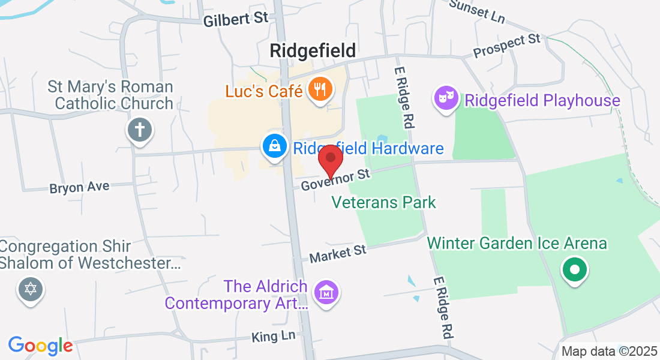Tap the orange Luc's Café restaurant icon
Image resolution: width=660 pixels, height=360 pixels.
(317, 90)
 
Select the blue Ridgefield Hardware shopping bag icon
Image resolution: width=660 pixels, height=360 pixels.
(274, 147)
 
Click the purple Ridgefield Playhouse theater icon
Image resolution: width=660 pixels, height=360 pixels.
(447, 100)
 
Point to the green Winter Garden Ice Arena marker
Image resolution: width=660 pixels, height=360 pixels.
(575, 269)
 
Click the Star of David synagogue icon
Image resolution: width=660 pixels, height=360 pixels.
(30, 290)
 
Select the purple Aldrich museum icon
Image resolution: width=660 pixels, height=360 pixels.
(326, 293)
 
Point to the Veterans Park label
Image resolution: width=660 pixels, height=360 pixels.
(384, 202)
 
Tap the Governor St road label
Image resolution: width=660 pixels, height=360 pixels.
(336, 179)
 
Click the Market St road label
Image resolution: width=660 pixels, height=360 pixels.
(337, 253)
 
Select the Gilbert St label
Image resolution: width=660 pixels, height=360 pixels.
(235, 19)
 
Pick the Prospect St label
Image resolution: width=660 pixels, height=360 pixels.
(507, 46)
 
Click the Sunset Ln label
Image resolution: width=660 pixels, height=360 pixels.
(477, 10)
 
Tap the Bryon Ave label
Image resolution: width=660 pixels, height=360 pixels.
(79, 187)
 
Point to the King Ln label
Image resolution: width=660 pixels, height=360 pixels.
(274, 337)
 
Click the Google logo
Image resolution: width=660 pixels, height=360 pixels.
(40, 346)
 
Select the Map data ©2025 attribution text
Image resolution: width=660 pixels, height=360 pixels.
(608, 352)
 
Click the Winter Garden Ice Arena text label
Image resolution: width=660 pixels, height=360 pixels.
(517, 244)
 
